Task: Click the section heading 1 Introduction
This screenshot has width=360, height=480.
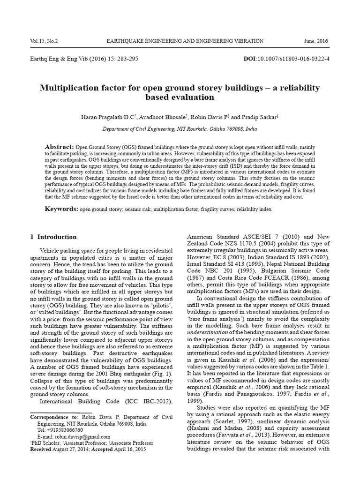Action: tap(53, 237)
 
